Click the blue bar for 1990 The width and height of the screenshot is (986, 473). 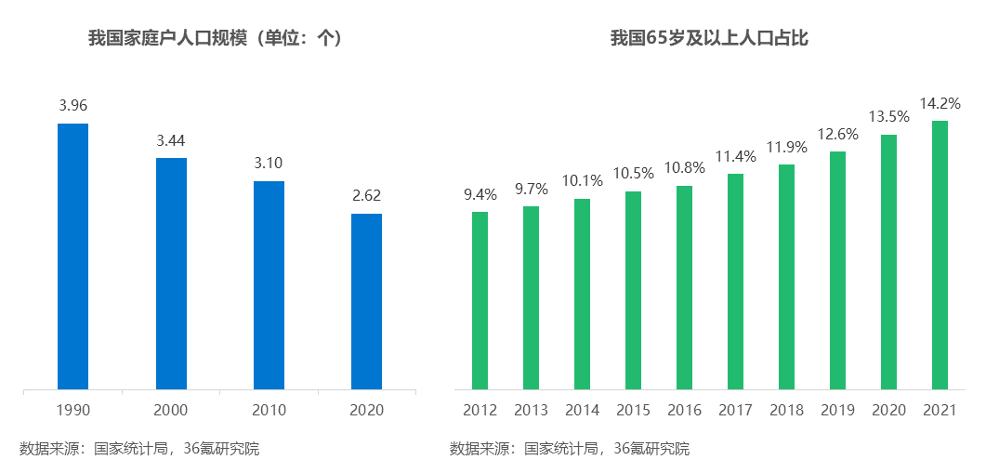click(72, 256)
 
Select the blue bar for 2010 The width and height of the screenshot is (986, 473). click(269, 284)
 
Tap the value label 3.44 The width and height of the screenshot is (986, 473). click(171, 141)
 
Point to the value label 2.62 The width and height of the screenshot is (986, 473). click(366, 196)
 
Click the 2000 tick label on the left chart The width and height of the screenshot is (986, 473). click(171, 410)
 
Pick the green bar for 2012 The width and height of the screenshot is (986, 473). click(480, 300)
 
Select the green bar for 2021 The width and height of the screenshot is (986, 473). click(940, 255)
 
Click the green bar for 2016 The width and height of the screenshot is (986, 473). click(684, 287)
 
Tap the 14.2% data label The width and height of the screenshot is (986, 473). click(940, 103)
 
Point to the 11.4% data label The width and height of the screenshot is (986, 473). click(736, 156)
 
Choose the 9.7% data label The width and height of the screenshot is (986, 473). click(532, 189)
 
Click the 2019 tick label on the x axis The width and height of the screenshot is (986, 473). click(837, 410)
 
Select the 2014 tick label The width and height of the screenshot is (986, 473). click(582, 410)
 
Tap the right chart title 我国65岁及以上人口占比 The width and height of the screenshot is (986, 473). click(709, 38)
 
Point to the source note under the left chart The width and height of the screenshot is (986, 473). click(139, 449)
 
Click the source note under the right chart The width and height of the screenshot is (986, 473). click(570, 449)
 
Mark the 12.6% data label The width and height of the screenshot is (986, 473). click(837, 135)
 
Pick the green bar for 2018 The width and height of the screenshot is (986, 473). click(786, 276)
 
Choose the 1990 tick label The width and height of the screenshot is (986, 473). click(72, 410)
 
